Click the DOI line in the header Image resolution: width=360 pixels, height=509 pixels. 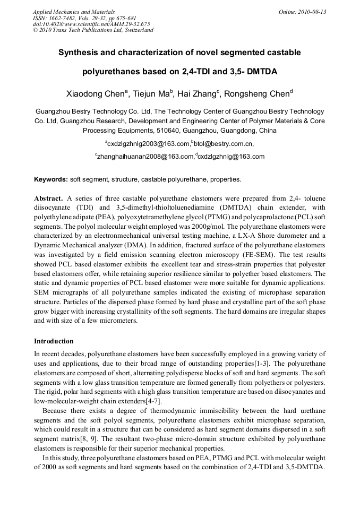(91, 24)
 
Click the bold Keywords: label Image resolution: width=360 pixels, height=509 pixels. (51, 179)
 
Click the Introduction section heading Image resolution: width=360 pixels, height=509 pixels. (54, 341)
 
